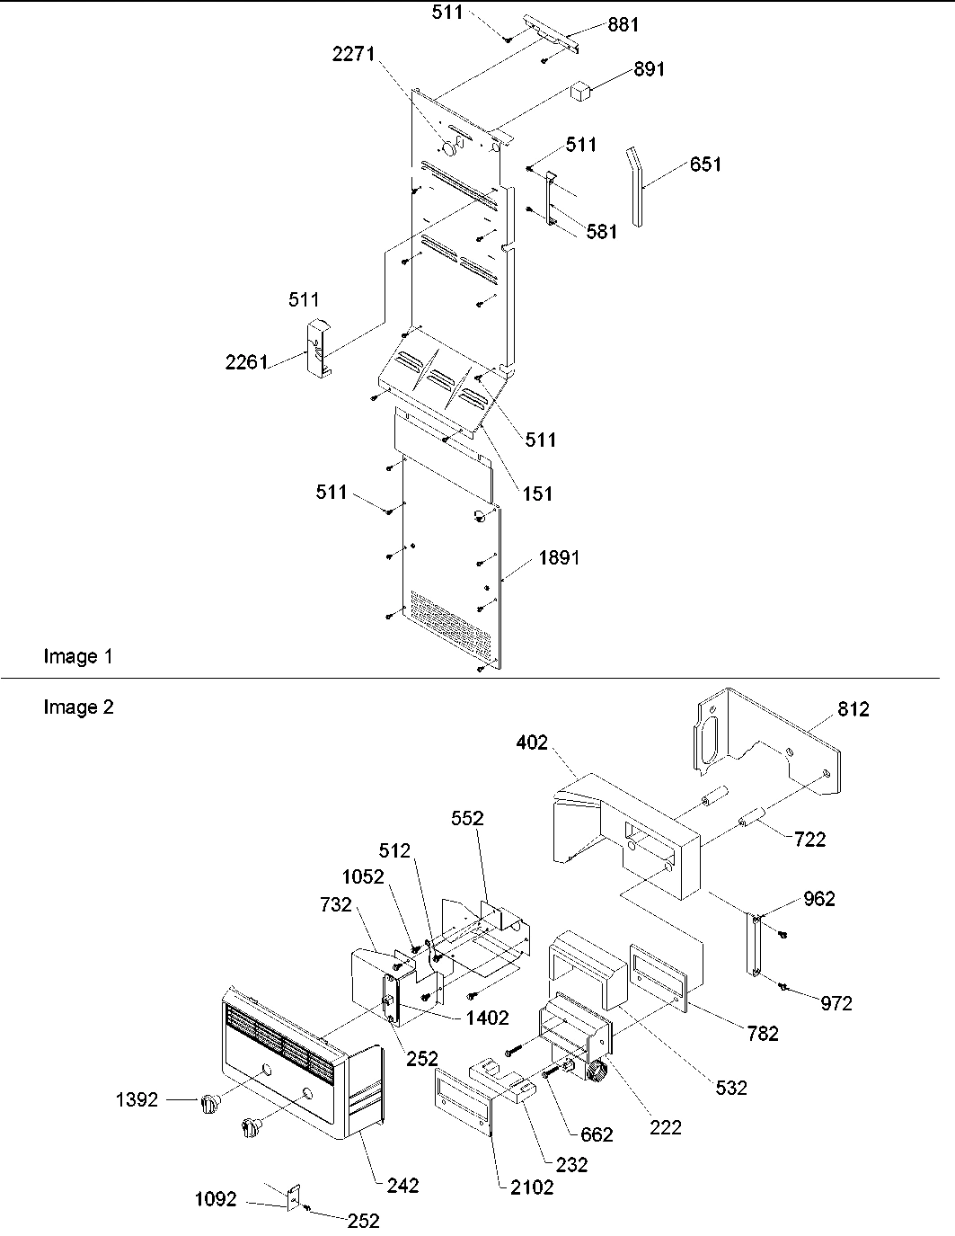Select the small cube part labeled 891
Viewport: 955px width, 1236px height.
click(x=581, y=89)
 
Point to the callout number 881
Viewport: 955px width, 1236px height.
click(x=623, y=24)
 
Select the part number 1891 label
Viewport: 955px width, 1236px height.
click(x=559, y=557)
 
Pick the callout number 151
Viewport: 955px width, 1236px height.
click(x=537, y=494)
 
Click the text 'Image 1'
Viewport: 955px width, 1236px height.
click(x=78, y=657)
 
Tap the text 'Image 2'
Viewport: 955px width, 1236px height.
click(x=78, y=707)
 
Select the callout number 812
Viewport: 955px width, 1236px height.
click(x=853, y=709)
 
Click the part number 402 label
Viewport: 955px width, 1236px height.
click(x=532, y=742)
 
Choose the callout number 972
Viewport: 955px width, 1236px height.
click(x=836, y=1003)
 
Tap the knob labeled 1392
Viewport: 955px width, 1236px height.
click(x=208, y=1104)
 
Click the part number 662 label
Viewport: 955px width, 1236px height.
click(x=597, y=1134)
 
